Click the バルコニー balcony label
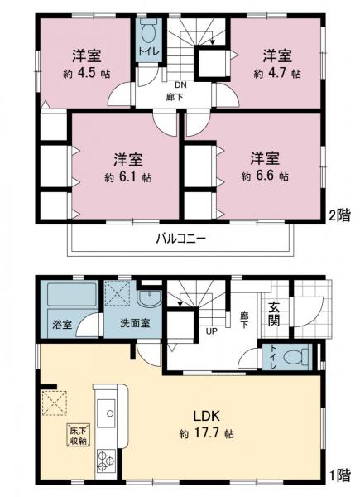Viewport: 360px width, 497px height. (180, 239)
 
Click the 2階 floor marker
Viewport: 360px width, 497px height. (339, 215)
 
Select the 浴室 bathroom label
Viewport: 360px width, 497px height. (62, 322)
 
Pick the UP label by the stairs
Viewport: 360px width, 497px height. (211, 333)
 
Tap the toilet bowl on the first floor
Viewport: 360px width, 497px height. (291, 359)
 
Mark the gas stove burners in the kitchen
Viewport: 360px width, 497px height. (108, 458)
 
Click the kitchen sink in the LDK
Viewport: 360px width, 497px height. (108, 411)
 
